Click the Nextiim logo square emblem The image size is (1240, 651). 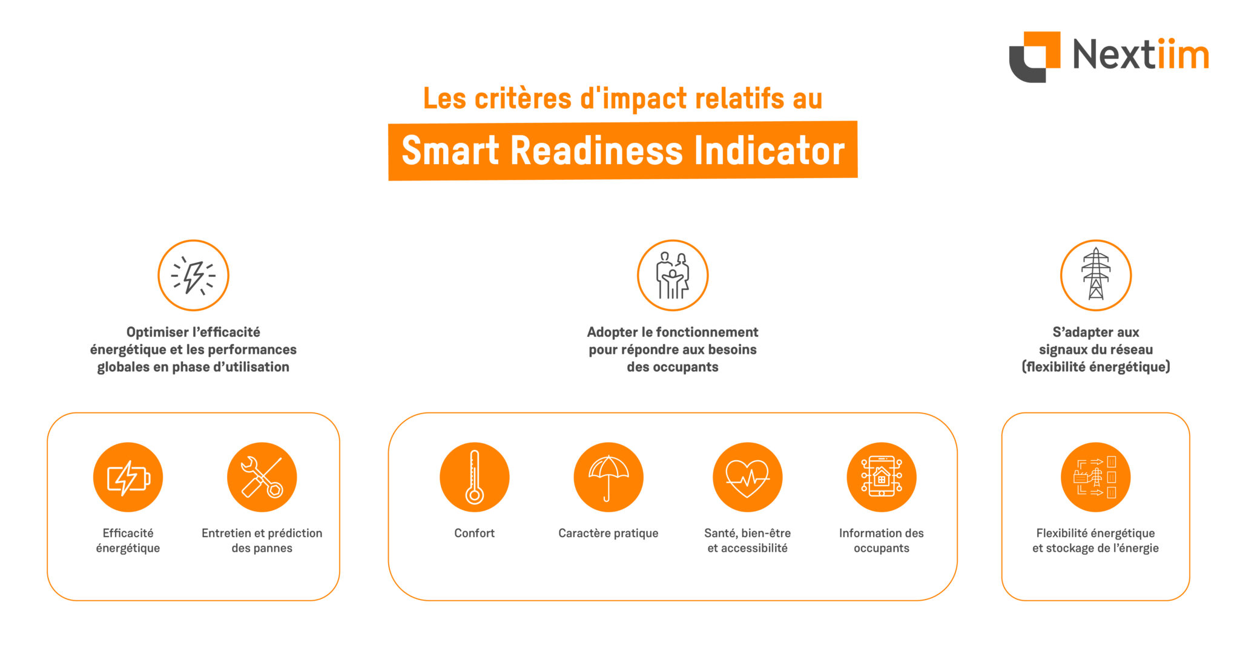1034,56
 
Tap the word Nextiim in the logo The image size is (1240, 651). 1141,55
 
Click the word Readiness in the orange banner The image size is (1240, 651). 597,151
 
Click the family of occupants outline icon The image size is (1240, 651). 673,276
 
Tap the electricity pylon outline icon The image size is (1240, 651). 1096,276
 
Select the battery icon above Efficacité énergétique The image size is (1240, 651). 128,477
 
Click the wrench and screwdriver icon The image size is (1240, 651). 262,477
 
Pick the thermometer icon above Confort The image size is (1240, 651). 475,477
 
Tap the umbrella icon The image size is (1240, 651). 608,477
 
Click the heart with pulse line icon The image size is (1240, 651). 748,477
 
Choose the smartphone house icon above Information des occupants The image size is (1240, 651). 882,477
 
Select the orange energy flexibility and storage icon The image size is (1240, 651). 1096,477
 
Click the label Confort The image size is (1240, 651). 475,533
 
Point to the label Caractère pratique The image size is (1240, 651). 608,534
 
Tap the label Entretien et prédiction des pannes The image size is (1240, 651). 262,540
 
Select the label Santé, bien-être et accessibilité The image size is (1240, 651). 748,540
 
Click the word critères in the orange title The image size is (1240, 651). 523,99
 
